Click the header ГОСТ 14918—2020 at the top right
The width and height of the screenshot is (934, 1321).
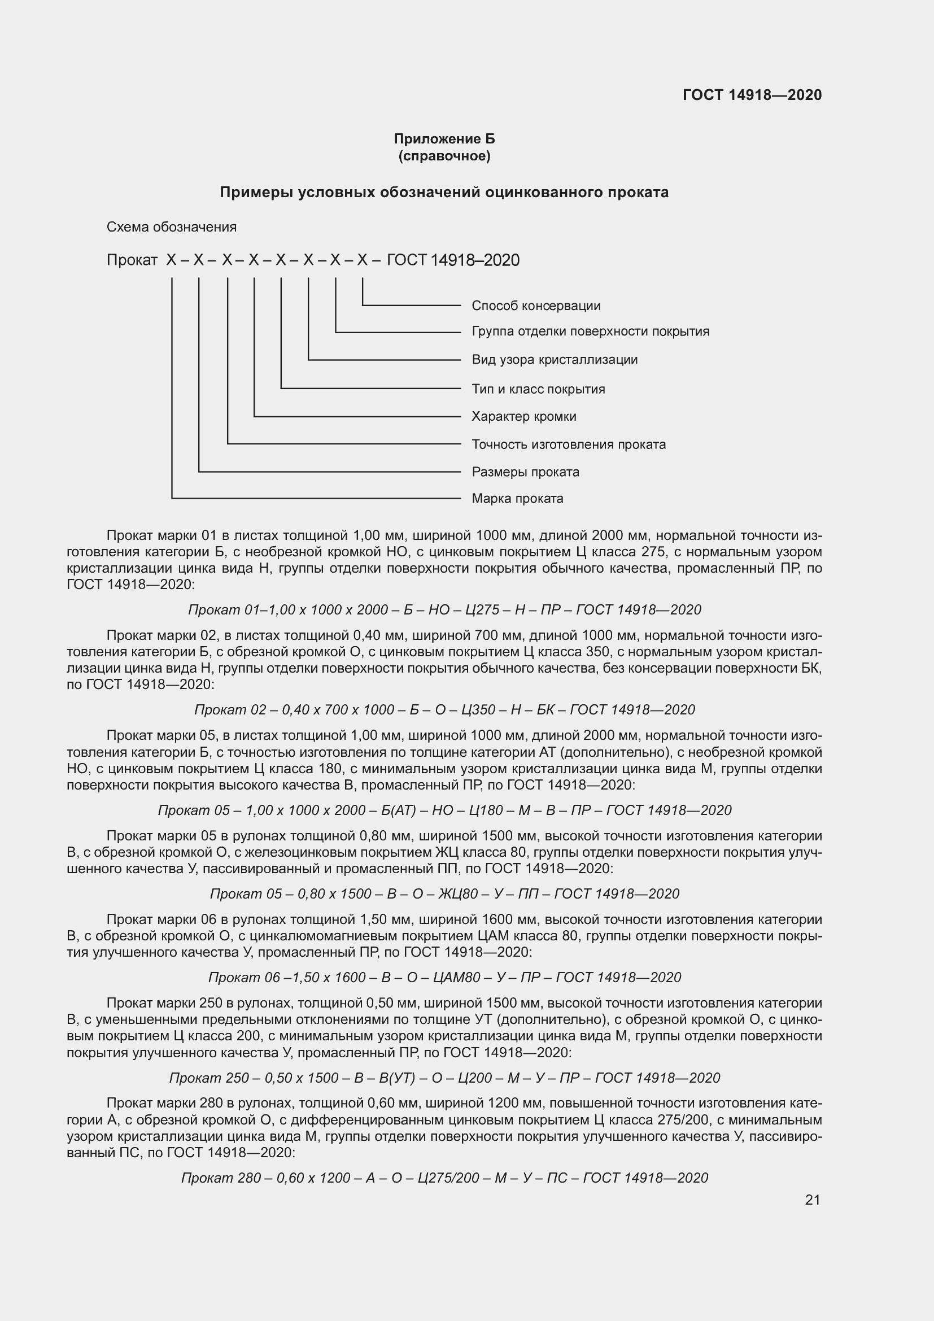click(752, 95)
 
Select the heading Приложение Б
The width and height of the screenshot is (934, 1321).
click(444, 139)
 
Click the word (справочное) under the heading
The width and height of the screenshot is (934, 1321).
click(444, 156)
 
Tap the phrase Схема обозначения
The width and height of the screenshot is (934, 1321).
click(172, 227)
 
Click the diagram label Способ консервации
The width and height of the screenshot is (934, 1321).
click(535, 306)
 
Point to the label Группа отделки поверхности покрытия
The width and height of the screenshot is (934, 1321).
click(590, 332)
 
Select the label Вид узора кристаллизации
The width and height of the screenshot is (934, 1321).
click(555, 360)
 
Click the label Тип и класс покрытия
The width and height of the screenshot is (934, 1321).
click(538, 389)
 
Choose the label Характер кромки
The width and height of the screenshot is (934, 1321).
click(523, 416)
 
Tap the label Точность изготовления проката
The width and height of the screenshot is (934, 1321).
click(568, 444)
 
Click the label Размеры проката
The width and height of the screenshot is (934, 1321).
click(525, 472)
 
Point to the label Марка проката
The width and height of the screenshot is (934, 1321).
click(517, 498)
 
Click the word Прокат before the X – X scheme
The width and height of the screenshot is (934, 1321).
click(132, 260)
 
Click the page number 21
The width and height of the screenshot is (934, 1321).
click(812, 1200)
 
